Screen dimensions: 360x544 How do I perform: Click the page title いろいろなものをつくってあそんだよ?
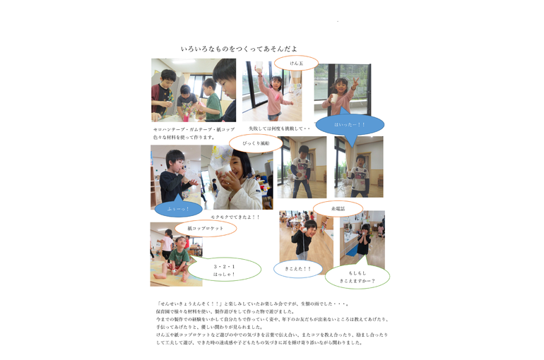[x=239, y=49]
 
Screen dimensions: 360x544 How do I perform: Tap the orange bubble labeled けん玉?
[x=296, y=64]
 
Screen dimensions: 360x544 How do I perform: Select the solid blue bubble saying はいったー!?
[x=350, y=125]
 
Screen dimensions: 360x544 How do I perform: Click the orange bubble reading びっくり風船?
[x=255, y=143]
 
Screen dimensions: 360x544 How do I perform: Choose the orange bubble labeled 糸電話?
[x=338, y=208]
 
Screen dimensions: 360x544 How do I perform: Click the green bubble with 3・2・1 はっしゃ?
[x=224, y=270]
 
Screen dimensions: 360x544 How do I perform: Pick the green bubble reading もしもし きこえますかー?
[x=357, y=277]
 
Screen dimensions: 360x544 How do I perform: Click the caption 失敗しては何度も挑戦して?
[x=279, y=128]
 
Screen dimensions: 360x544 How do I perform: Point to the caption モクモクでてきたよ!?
[x=235, y=217]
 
